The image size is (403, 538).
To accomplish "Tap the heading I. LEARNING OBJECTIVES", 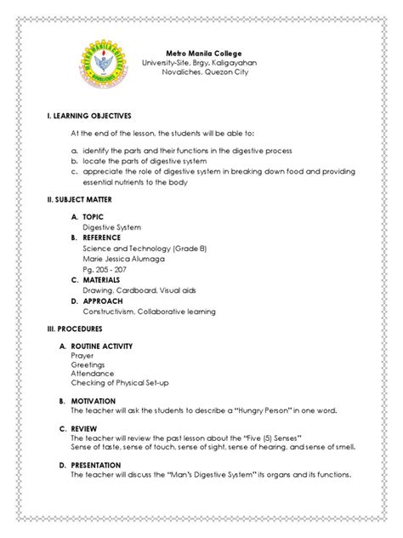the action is point(79,115).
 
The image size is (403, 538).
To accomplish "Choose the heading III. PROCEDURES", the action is point(65,328).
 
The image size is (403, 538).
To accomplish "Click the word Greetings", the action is point(99,368).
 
